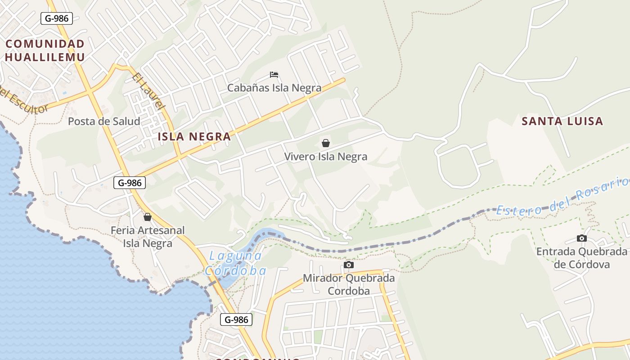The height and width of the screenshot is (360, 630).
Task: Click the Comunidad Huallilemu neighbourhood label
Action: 45,50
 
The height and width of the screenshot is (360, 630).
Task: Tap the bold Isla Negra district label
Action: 194,136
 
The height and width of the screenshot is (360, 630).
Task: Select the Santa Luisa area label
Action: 562,121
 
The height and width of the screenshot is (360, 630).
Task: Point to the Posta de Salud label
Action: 104,121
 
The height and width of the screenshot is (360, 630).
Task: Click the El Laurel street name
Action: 147,92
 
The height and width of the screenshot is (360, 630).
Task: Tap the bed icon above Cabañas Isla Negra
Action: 274,74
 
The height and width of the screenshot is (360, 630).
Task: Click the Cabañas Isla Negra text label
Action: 274,88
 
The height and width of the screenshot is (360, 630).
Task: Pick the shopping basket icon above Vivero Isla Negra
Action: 326,143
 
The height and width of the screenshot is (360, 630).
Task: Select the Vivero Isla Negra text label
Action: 326,157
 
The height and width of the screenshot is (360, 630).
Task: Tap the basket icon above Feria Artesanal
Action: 147,217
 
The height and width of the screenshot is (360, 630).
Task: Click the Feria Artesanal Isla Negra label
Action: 148,237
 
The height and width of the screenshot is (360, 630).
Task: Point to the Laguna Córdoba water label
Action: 235,263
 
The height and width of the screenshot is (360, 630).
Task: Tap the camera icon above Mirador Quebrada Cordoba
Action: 349,265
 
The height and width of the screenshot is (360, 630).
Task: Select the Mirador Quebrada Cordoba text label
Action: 349,284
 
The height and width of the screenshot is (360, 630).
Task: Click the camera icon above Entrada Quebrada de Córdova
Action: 582,238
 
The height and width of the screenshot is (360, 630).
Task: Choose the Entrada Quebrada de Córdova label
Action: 581,258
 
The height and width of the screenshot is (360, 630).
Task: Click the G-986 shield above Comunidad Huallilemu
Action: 57,18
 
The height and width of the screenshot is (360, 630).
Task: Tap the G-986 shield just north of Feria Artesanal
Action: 130,182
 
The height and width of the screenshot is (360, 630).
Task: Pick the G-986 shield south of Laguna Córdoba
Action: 236,320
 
